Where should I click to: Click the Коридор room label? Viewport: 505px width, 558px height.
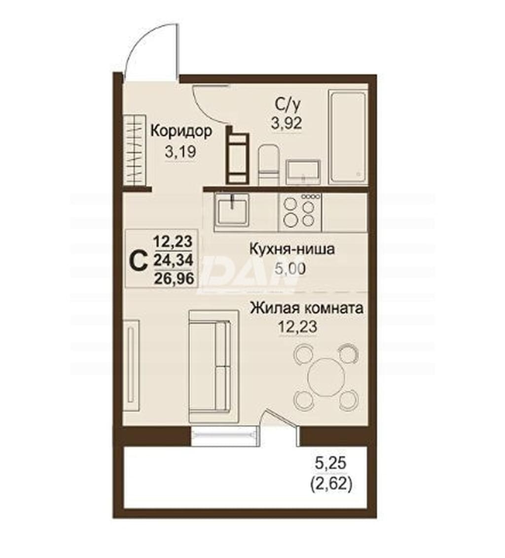181,132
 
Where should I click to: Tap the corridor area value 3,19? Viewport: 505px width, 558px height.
180,152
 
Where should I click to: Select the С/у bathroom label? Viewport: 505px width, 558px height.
288,104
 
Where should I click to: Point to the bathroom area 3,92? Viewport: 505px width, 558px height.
287,123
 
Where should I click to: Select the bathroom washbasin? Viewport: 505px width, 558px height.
303,172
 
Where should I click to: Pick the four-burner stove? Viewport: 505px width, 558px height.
300,211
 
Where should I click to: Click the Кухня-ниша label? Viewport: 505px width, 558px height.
292,249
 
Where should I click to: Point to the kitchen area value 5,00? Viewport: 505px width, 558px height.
290,269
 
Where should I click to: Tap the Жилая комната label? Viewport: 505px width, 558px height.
307,308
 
